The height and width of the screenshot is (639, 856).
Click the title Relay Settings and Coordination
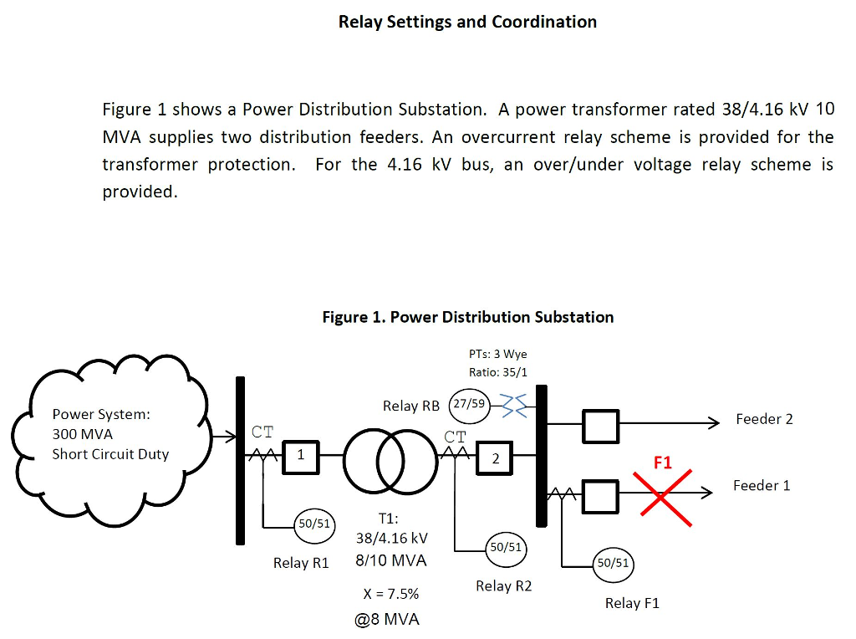pos(467,23)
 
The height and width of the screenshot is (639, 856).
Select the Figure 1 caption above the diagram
pos(467,317)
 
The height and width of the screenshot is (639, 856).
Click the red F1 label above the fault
pos(662,463)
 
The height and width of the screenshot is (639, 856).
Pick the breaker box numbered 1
pos(301,456)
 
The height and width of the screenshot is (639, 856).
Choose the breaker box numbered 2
pos(495,458)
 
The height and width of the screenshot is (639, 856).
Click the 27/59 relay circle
pos(468,404)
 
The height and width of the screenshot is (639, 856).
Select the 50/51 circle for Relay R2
pos(506,547)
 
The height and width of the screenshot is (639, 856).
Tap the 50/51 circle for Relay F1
pos(612,563)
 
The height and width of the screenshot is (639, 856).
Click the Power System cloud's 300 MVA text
pos(82,434)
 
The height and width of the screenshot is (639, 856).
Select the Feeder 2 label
pos(764,419)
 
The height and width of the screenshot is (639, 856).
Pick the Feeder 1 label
pos(761,485)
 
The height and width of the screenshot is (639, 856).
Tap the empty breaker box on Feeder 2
pos(600,426)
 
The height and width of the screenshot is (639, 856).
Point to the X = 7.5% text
pos(391,594)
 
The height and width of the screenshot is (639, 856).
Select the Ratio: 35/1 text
pos(498,372)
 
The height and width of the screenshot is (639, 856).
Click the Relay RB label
pos(410,406)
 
